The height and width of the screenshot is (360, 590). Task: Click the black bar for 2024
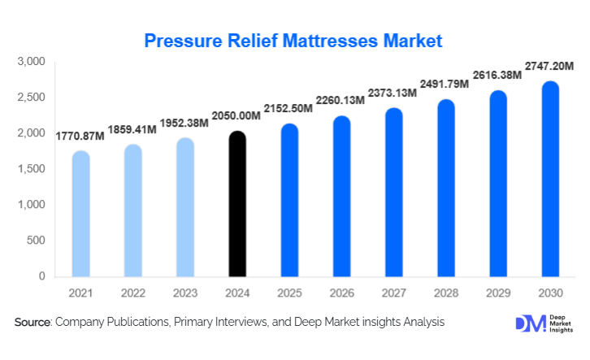pyautogui.click(x=236, y=204)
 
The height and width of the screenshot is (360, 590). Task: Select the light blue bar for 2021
pyautogui.click(x=81, y=214)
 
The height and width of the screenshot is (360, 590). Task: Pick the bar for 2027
pyautogui.click(x=393, y=193)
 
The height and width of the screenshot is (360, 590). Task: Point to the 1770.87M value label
pyautogui.click(x=80, y=136)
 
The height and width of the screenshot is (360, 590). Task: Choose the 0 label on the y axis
pyautogui.click(x=41, y=276)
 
